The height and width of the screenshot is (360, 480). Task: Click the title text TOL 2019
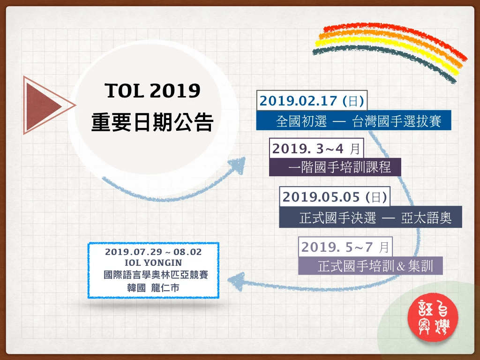152,90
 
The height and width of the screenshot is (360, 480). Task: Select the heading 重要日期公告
152,122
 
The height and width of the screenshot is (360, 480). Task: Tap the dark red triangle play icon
45,105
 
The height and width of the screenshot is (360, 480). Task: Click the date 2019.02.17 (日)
312,101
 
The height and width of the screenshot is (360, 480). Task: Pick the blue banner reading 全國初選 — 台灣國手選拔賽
353,120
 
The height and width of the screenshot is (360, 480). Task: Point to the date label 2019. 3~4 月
316,149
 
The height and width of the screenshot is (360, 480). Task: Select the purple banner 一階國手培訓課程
335,167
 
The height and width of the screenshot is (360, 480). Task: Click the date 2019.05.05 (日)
335,197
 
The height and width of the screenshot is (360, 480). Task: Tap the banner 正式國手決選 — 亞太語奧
370,217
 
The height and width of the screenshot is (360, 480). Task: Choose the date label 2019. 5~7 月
345,247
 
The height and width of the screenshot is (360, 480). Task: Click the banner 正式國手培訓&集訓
370,266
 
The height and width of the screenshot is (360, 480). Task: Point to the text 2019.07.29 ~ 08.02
153,252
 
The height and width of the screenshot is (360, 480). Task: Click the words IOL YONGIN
153,262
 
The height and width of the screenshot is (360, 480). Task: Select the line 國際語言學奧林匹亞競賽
156,275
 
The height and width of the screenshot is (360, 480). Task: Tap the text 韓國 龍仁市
153,288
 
